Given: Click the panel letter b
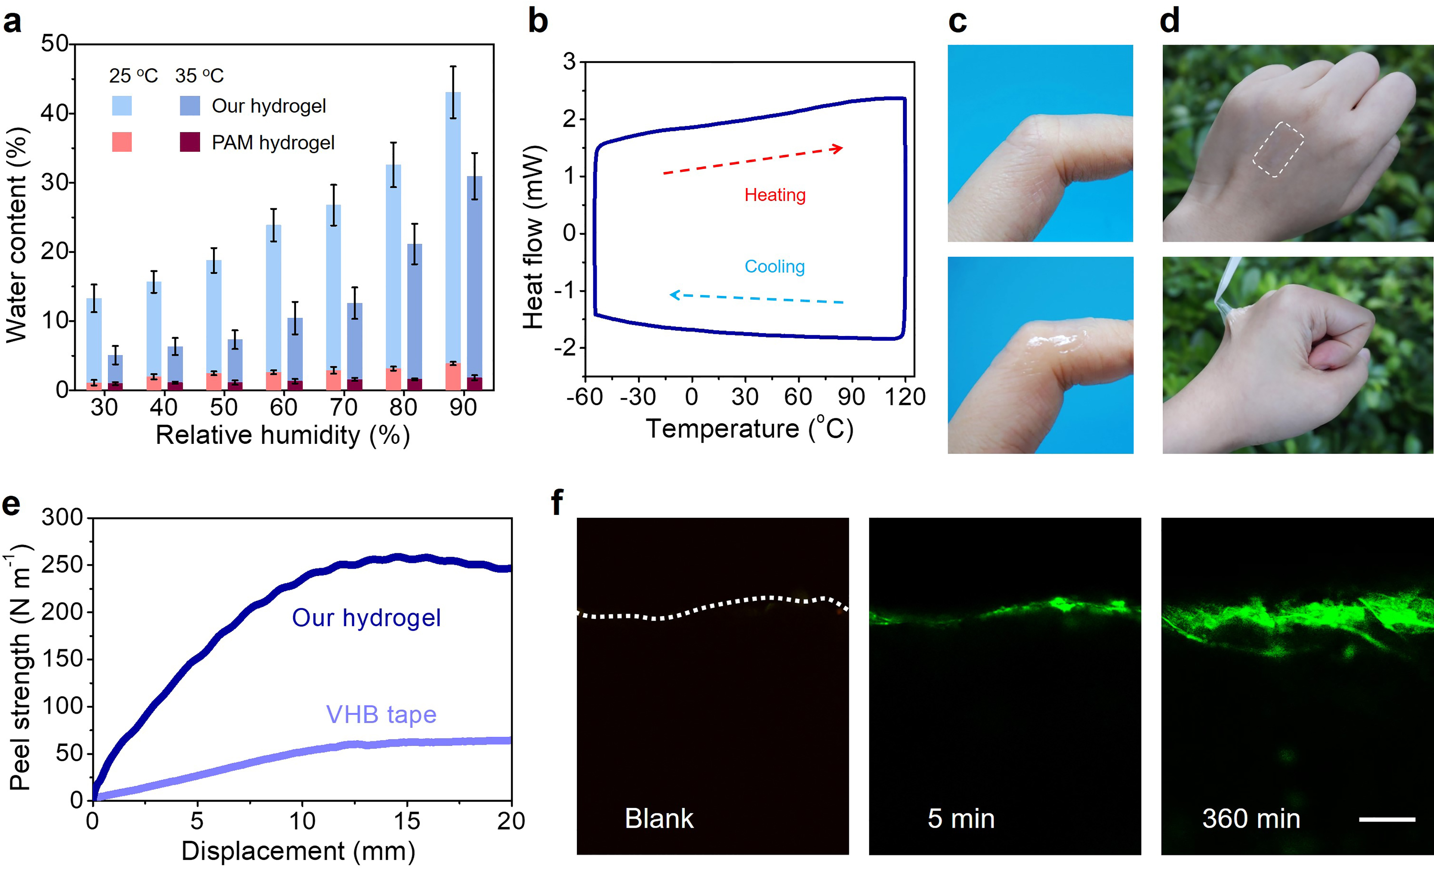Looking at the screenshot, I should (x=538, y=22).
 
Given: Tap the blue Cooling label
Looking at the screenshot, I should (x=775, y=266).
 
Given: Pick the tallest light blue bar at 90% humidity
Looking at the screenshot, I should (x=453, y=233).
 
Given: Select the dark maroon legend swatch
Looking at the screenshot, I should (x=190, y=142).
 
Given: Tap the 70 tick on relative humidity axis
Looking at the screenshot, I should (x=343, y=407).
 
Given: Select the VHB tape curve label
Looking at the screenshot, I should (x=381, y=715).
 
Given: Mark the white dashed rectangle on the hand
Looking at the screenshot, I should (x=1278, y=149).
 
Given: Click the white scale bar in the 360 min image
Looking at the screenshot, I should (x=1387, y=819).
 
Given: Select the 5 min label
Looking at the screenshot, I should (x=961, y=819).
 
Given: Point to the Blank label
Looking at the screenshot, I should (x=659, y=819).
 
